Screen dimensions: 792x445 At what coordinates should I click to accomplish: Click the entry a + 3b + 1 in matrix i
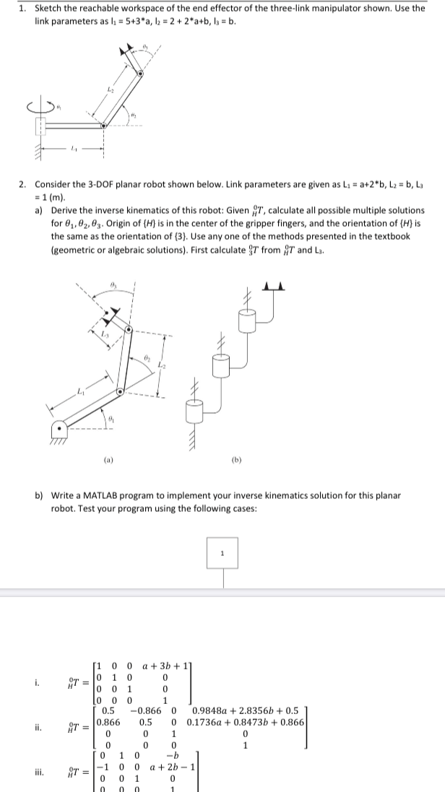pos(165,663)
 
